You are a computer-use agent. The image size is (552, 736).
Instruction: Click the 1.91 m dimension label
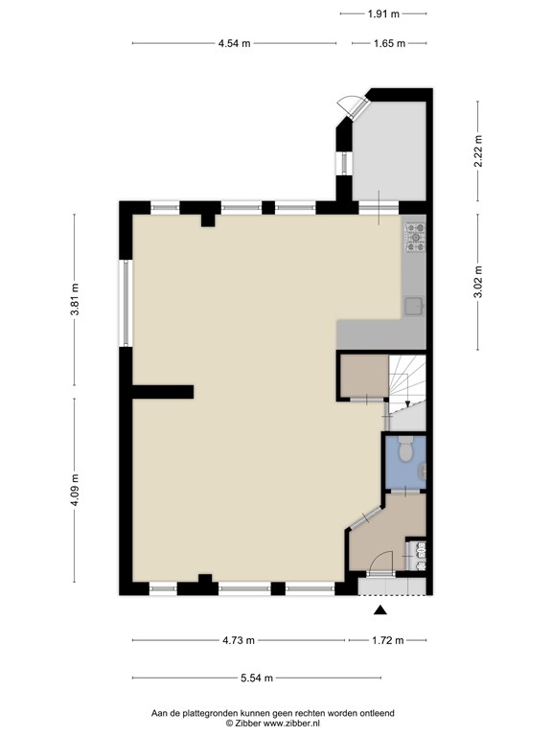[383, 14]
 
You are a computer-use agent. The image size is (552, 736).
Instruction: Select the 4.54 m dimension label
[234, 44]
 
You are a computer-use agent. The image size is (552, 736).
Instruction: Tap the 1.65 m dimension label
[389, 44]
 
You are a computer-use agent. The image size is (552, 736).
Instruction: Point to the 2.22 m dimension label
[478, 151]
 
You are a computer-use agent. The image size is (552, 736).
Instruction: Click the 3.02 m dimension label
[478, 282]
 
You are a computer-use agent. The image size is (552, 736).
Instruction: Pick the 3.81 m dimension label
[75, 299]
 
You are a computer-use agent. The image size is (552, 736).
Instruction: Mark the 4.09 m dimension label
[75, 490]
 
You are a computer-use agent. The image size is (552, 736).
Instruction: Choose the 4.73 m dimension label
[239, 640]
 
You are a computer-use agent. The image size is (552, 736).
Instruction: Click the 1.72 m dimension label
[388, 640]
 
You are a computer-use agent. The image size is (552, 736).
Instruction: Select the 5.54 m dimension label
[257, 678]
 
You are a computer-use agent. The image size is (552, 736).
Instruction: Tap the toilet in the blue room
[404, 449]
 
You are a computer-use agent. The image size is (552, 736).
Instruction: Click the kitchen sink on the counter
[414, 306]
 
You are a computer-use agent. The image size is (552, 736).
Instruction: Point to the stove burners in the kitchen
[415, 237]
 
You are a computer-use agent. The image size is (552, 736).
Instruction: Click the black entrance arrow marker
[380, 609]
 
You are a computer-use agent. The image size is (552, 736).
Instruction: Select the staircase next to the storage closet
[407, 392]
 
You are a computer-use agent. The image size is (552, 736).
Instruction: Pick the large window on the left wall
[126, 303]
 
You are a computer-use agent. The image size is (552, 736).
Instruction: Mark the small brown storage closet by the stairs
[364, 376]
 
